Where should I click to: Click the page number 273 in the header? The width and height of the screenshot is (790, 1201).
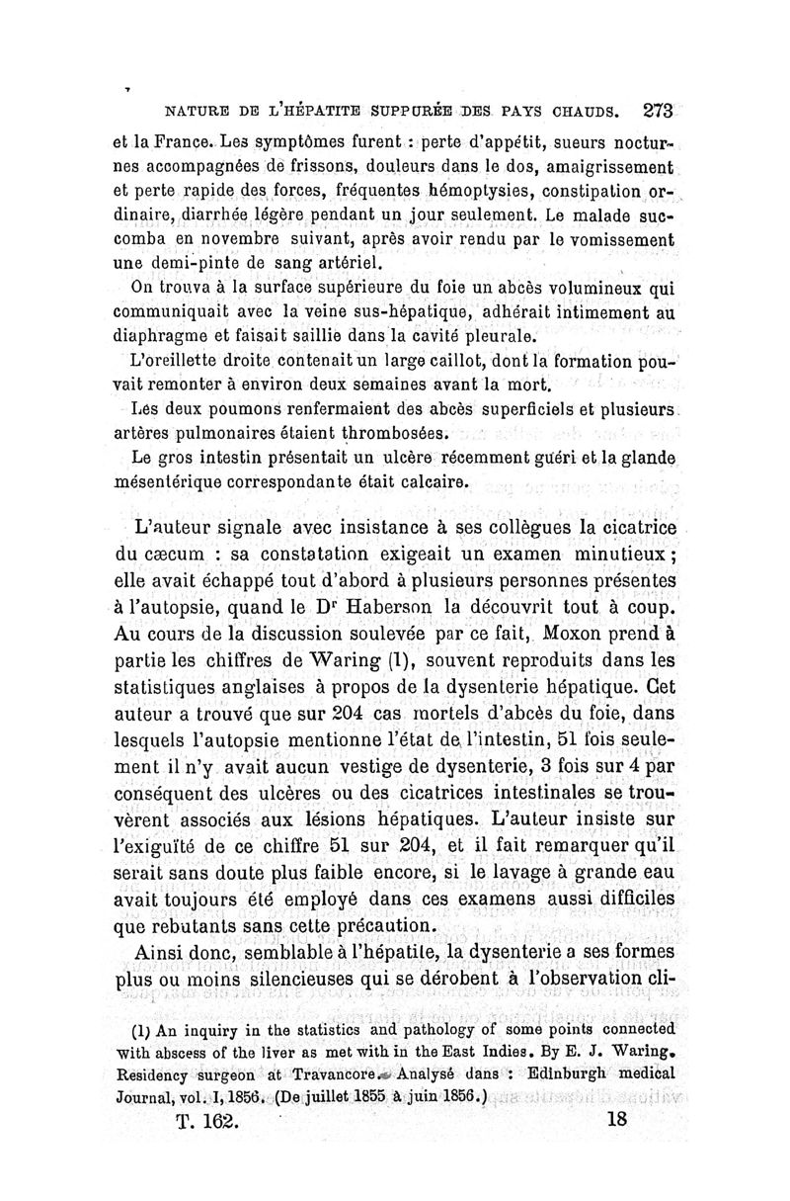pyautogui.click(x=657, y=111)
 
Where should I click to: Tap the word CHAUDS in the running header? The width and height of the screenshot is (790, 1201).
pyautogui.click(x=579, y=112)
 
